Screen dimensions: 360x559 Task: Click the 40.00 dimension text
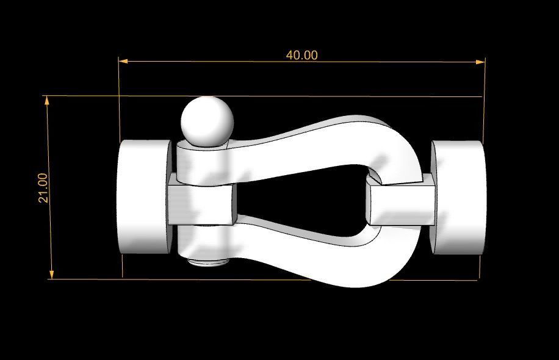pos(301,55)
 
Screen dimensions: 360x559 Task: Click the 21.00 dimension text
pos(43,188)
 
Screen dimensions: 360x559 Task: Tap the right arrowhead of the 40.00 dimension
pos(480,61)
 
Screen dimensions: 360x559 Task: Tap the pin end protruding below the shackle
pos(206,262)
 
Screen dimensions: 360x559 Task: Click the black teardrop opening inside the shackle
pos(299,198)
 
